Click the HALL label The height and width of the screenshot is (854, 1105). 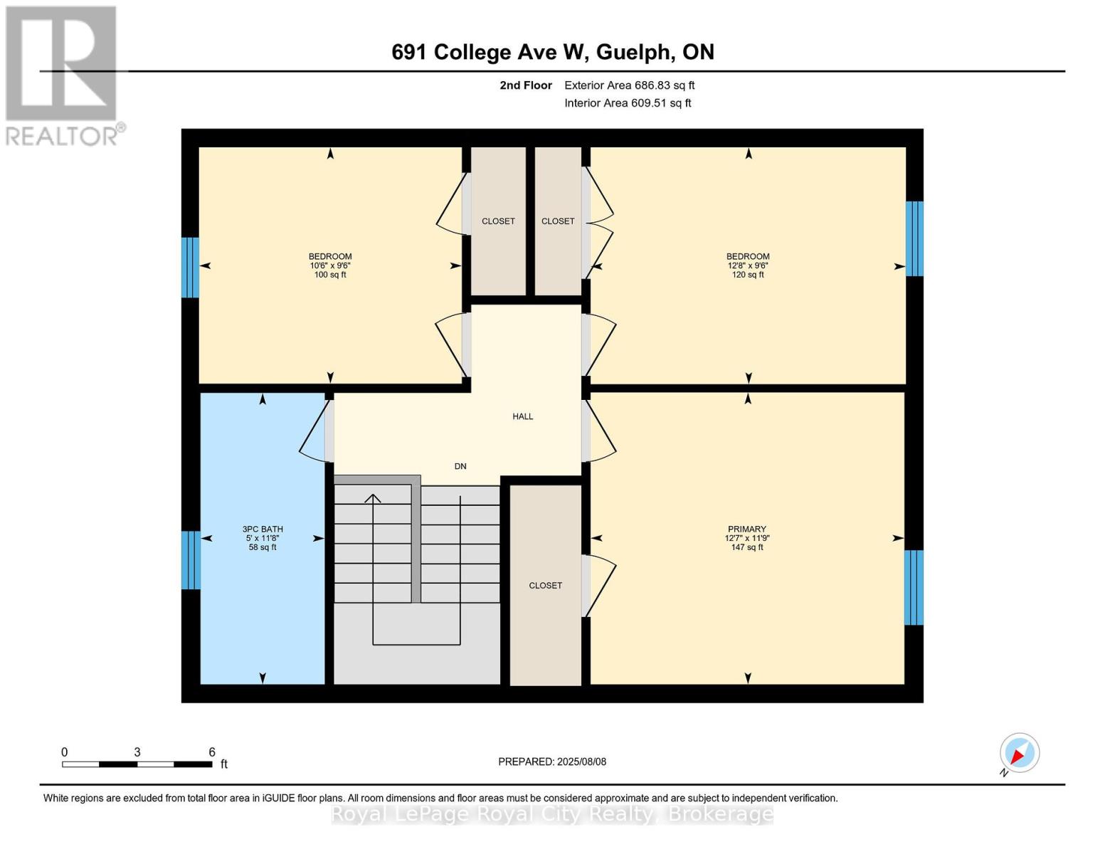(522, 416)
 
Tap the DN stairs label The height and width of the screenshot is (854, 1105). (460, 466)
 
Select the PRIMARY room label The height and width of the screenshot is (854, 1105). (746, 529)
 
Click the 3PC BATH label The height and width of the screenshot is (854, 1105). (263, 529)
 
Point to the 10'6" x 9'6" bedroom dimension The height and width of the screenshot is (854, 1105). (330, 265)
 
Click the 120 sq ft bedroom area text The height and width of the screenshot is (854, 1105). (748, 275)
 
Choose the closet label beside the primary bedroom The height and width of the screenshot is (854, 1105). (545, 585)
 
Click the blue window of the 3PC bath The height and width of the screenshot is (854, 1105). (190, 560)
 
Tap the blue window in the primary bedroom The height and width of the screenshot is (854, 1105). (914, 587)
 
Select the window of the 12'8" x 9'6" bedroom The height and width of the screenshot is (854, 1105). (914, 238)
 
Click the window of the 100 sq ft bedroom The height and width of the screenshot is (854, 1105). (190, 267)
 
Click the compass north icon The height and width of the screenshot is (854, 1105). (1019, 753)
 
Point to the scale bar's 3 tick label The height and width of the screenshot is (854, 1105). (137, 752)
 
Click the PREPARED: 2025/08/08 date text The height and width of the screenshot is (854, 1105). (552, 761)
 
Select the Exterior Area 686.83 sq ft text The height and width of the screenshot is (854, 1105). (629, 85)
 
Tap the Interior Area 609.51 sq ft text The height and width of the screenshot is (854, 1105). (628, 103)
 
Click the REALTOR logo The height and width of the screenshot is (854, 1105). (63, 75)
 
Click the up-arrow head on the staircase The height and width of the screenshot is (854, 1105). (373, 497)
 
